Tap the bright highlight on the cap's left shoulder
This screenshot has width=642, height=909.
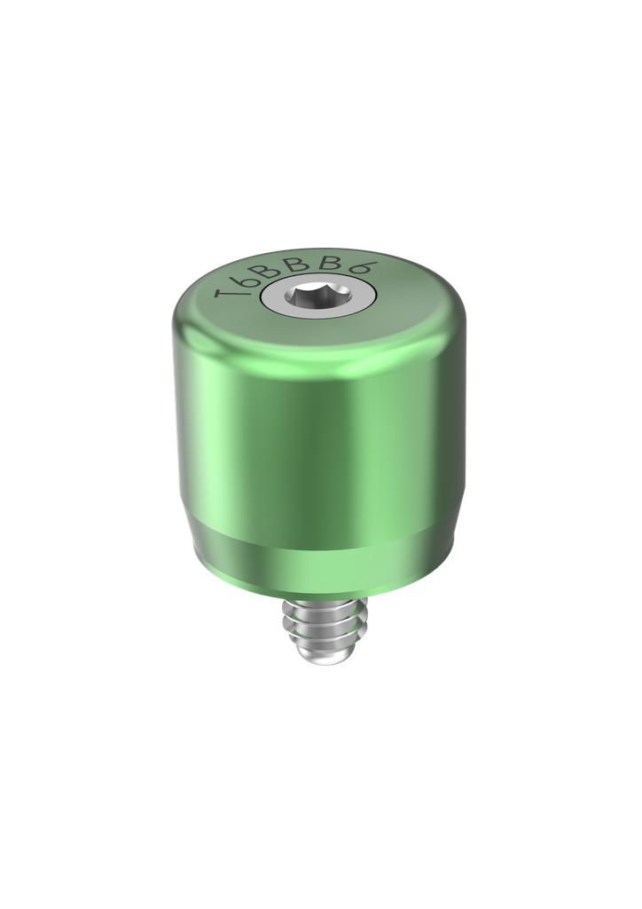[191, 328]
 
